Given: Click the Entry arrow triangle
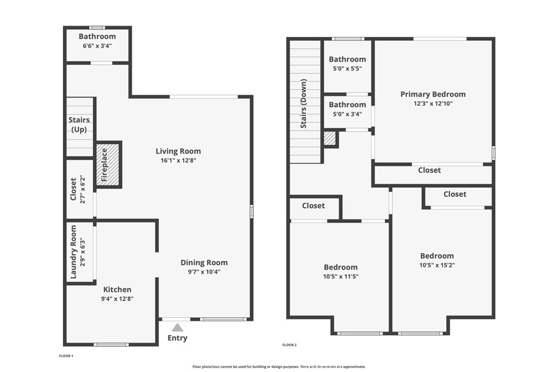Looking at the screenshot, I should point(177,327).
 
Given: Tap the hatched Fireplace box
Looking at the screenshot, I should point(108,164).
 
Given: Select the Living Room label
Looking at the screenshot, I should point(178,151).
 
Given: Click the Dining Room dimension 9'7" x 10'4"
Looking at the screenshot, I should point(204,272).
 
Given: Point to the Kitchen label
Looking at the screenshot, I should point(117,289).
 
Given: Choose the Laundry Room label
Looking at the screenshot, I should point(74,251).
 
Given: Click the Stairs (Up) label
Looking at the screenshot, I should point(79,125).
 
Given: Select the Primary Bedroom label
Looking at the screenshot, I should point(433,94).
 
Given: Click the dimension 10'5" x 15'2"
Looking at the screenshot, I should point(436,265).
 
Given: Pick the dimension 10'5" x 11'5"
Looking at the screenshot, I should point(341,276).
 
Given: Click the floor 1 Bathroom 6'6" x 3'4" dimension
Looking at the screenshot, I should point(97,46).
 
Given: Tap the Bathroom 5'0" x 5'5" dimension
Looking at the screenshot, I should point(347,69).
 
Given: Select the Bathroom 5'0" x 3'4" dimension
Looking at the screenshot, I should point(347,114).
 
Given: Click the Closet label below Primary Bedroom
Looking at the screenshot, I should point(429,170).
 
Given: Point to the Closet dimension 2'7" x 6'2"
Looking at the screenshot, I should point(82,189).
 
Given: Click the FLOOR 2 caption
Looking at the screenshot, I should point(289,345).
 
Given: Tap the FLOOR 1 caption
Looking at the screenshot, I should point(66,356).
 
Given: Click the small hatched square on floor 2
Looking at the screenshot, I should point(330,138).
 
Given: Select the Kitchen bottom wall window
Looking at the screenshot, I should point(111,344).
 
